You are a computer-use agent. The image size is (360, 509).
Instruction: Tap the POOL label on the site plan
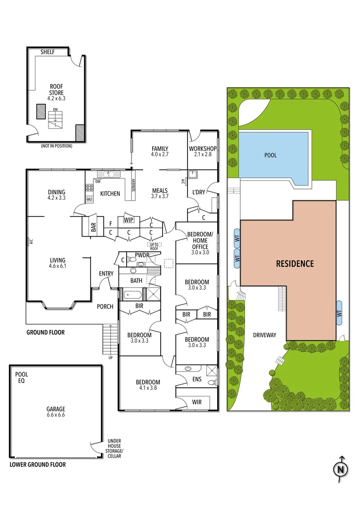(270, 155)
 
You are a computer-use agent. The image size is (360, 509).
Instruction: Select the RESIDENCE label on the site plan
(295, 263)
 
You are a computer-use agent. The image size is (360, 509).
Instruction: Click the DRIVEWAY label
(264, 335)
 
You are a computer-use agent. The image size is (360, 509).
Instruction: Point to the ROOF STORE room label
(57, 92)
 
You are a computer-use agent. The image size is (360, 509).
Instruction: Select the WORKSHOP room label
(202, 152)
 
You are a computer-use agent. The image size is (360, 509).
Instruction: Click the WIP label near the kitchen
(128, 220)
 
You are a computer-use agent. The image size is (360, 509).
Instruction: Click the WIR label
(197, 402)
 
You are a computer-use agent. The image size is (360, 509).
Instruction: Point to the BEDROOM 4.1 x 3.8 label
(148, 386)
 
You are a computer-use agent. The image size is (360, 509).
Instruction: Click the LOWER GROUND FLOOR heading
(38, 465)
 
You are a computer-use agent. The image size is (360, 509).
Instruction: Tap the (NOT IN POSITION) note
(57, 146)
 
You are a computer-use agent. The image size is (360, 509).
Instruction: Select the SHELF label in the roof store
(49, 52)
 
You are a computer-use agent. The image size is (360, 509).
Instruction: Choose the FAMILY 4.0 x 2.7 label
(160, 151)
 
